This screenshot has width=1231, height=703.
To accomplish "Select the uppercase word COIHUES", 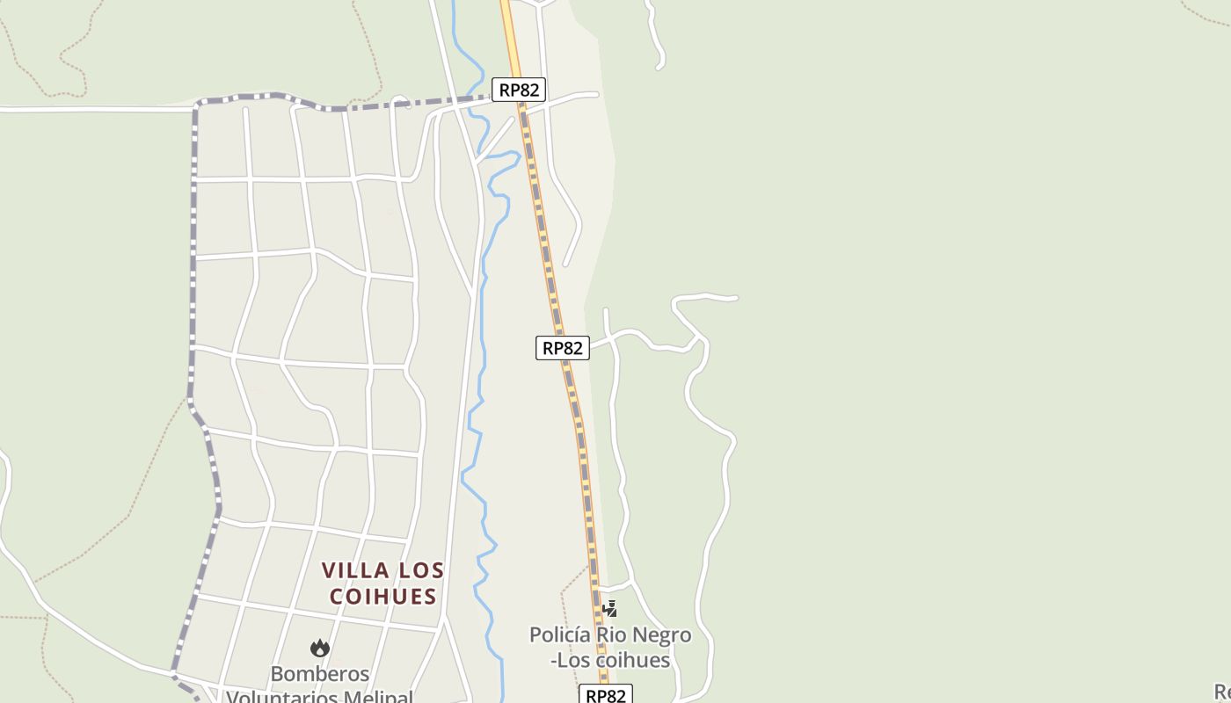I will [x=383, y=596].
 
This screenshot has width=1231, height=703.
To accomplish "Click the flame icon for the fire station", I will [x=320, y=649].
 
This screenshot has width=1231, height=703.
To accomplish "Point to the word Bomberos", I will [x=320, y=674].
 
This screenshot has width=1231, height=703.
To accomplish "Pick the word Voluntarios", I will [x=281, y=698].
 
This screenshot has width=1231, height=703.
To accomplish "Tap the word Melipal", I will [x=375, y=698].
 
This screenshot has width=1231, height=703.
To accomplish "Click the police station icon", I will [x=609, y=608].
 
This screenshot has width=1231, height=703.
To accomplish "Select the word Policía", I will [x=560, y=634].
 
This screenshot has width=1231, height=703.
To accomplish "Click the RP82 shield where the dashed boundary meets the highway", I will [x=520, y=89].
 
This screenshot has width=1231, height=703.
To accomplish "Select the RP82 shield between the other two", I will [x=563, y=348].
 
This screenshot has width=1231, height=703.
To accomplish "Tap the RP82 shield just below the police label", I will [x=607, y=695].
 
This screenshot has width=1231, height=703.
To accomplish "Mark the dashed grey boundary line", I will [x=193, y=264].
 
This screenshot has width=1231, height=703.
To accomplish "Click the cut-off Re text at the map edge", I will [x=1222, y=692].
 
